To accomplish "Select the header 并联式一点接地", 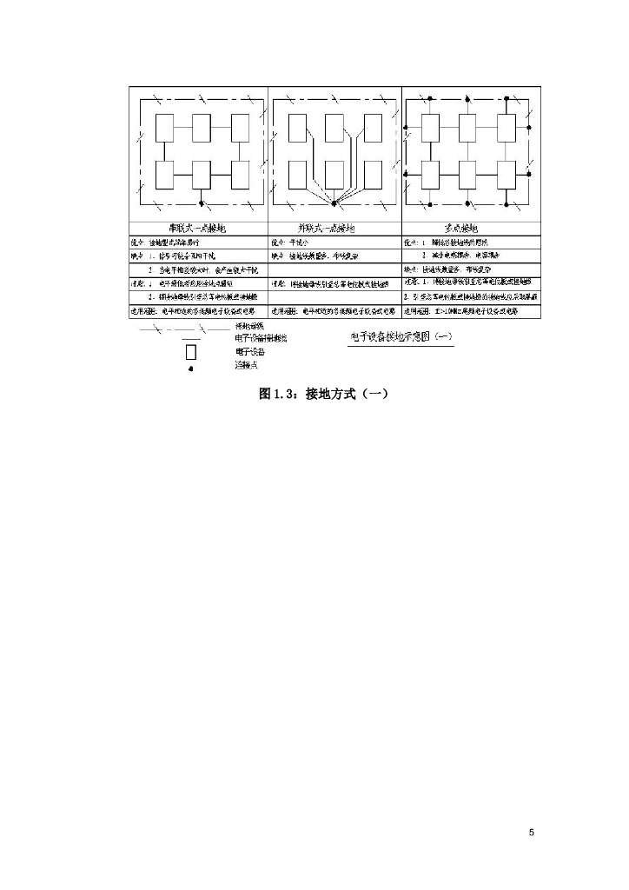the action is [333, 228].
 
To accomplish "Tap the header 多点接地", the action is [470, 228].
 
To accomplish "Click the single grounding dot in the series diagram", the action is [201, 205].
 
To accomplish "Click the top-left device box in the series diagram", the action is [165, 129].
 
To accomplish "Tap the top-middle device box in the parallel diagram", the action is [334, 129].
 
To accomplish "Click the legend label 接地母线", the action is [249, 326].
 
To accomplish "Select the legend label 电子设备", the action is [249, 352].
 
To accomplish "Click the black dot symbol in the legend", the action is [191, 369].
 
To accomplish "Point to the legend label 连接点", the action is [247, 365].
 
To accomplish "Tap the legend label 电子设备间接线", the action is [260, 338].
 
